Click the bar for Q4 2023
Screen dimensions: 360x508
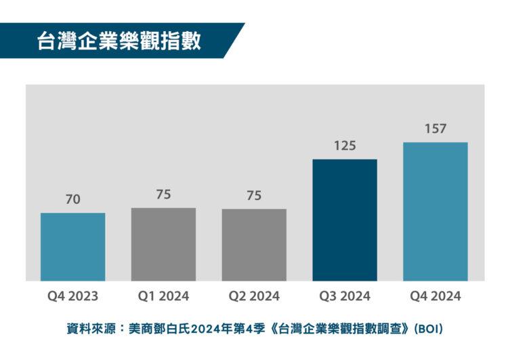click(x=72, y=247)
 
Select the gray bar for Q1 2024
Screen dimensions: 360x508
click(x=163, y=244)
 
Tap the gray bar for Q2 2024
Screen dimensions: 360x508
click(x=254, y=245)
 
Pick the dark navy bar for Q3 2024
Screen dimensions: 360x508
click(x=345, y=220)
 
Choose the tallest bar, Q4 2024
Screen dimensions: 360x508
click(x=436, y=212)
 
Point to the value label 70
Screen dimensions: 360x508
click(x=72, y=199)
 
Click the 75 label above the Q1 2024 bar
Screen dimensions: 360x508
click(x=163, y=195)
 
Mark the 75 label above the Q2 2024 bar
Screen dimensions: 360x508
click(x=254, y=195)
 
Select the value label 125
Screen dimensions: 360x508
click(x=345, y=146)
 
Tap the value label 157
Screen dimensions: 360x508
click(x=436, y=129)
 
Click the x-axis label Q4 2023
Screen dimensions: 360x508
click(x=72, y=296)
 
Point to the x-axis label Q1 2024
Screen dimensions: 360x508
click(x=163, y=296)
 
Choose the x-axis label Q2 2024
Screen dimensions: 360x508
click(x=254, y=296)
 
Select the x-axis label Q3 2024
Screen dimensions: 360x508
click(x=345, y=296)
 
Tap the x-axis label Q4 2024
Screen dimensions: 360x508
click(x=436, y=296)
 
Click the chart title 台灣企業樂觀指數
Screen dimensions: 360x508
click(x=119, y=41)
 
